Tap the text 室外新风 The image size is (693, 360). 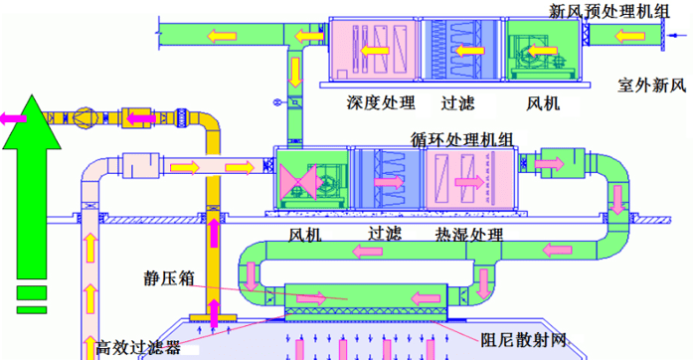coord(651,86)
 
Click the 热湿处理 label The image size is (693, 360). coord(469,236)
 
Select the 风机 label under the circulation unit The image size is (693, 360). coord(304,236)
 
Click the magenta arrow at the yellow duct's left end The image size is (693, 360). coord(15,118)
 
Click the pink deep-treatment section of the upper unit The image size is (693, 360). coord(374,50)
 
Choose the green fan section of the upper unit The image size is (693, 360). coord(538,50)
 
